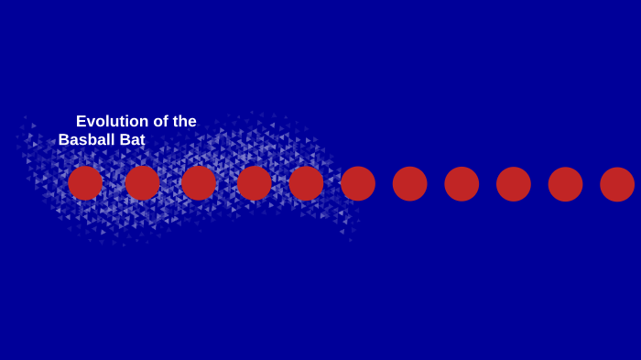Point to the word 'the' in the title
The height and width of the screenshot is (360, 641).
click(x=184, y=121)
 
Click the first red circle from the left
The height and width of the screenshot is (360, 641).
click(x=85, y=183)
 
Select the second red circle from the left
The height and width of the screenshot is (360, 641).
click(x=143, y=183)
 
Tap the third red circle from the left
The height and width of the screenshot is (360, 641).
click(x=199, y=183)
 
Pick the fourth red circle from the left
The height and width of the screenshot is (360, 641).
click(x=255, y=183)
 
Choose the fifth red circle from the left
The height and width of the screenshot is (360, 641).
click(x=307, y=183)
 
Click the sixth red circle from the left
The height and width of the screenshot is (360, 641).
click(x=358, y=183)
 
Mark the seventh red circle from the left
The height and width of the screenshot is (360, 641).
click(x=410, y=183)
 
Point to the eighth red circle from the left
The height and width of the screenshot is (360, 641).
click(x=462, y=183)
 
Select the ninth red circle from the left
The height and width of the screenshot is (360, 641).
click(x=514, y=183)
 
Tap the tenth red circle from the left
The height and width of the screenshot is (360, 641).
click(x=566, y=183)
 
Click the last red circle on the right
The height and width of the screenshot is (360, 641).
click(x=617, y=183)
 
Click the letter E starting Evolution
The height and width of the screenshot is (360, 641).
click(x=81, y=121)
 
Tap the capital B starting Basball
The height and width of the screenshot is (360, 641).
click(x=64, y=140)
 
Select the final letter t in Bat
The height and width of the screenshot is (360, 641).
click(x=141, y=140)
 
